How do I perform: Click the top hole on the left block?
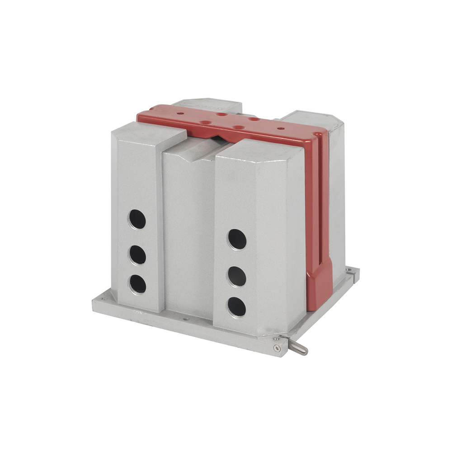137,219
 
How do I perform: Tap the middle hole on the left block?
137,254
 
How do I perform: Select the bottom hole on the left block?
137,284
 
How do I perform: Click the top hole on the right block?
237,239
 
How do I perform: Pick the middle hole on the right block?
237,276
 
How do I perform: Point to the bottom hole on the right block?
236,307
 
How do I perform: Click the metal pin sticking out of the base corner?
298,347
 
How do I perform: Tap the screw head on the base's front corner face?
277,348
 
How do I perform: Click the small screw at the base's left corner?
104,298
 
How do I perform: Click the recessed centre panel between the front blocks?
188,226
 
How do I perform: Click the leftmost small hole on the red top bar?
180,113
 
